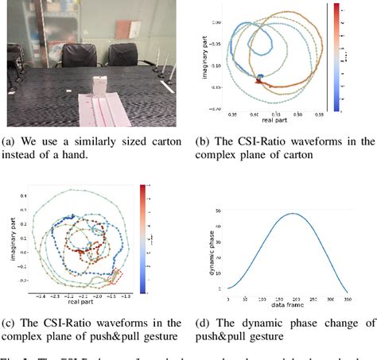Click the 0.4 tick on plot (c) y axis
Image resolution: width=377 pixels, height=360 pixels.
pos(24,195)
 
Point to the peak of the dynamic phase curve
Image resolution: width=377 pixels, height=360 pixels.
pos(293,214)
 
